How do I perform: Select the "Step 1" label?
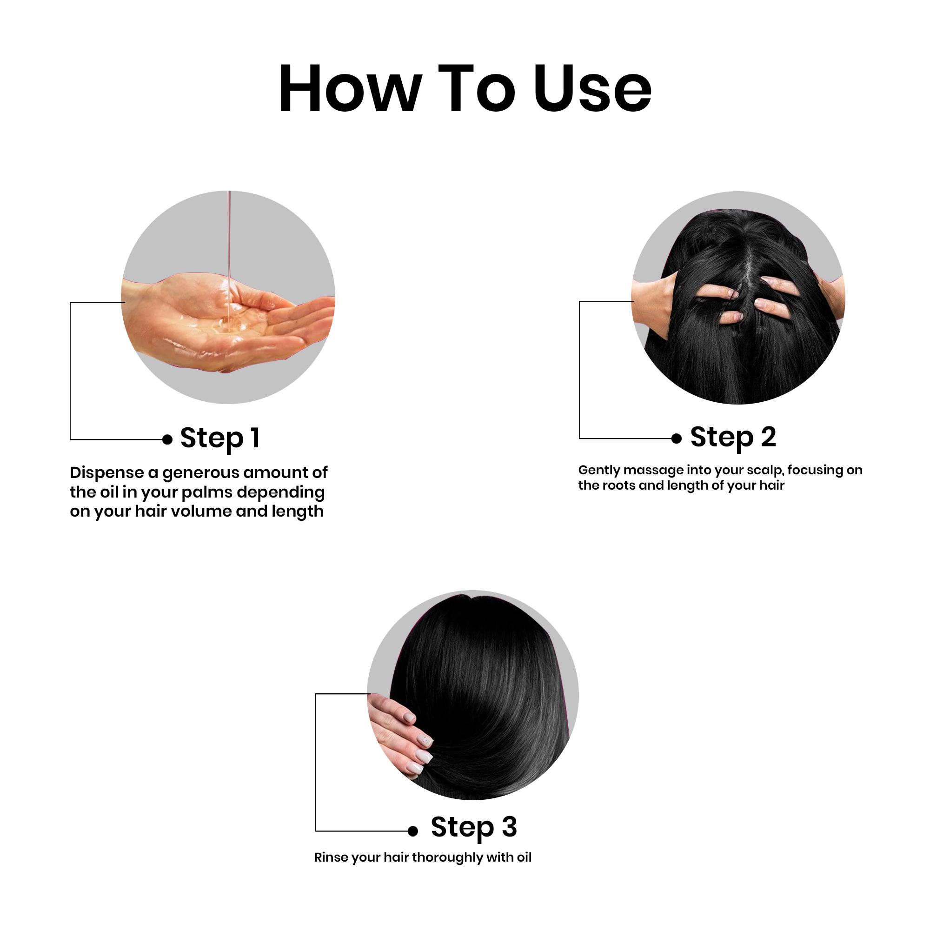[220, 438]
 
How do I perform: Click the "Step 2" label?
[733, 438]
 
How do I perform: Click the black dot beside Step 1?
[167, 439]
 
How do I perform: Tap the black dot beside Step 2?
[676, 438]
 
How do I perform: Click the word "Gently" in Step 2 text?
[599, 471]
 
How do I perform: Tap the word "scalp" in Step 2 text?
[765, 471]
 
